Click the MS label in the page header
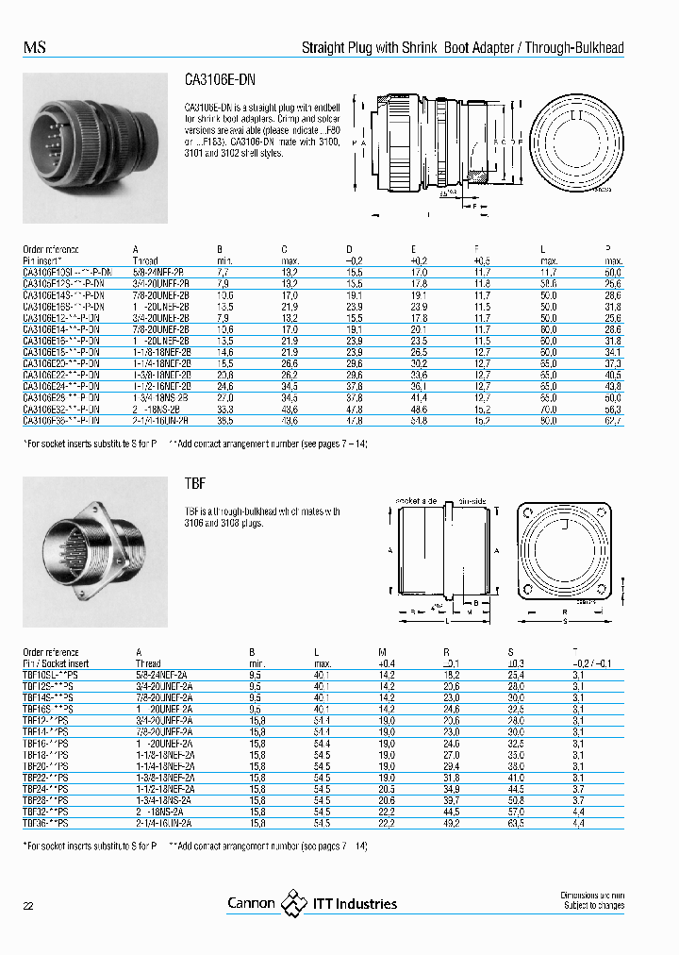[34, 48]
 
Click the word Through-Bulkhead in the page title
[575, 48]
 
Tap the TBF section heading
[193, 483]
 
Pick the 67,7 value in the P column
[613, 421]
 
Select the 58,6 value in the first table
[546, 282]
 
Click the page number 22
[28, 906]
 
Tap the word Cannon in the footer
[251, 904]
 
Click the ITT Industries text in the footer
[355, 904]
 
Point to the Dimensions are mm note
[591, 895]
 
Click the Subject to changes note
[593, 906]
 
